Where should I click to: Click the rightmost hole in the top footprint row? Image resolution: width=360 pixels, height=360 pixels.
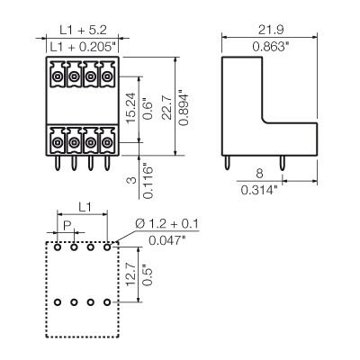(106, 245)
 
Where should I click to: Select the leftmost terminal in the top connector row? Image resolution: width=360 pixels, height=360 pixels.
(58, 78)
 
